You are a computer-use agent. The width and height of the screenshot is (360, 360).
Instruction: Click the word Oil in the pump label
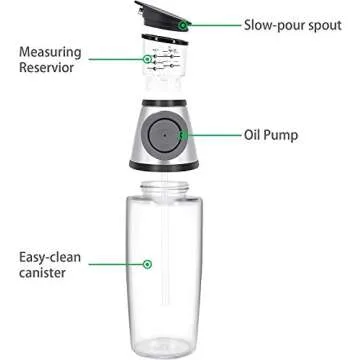click(x=257, y=133)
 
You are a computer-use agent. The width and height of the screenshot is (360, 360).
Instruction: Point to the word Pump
click(x=288, y=133)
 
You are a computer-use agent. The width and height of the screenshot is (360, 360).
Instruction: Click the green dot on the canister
click(x=147, y=264)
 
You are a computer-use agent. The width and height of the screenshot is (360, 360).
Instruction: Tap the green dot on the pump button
click(x=182, y=133)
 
